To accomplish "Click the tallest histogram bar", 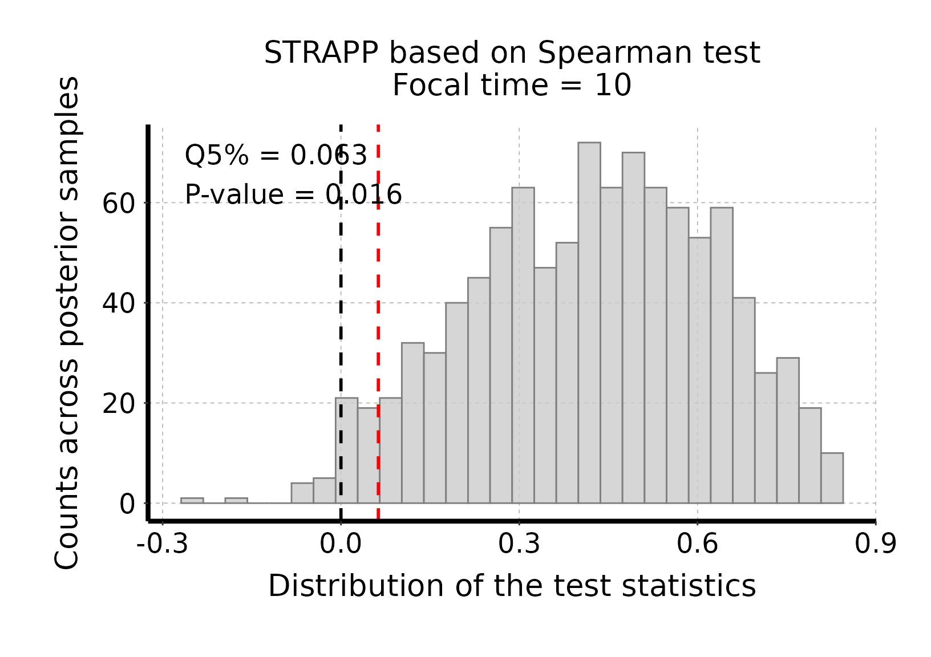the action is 589,323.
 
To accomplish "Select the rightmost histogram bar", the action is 832,478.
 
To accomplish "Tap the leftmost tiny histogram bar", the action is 192,501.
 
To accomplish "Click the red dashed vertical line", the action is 378,322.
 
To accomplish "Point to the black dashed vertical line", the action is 341,322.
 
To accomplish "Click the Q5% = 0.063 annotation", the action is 276,156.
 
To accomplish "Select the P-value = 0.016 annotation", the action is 293,194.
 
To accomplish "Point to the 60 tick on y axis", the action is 119,204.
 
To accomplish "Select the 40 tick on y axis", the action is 119,304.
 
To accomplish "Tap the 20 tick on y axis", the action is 119,404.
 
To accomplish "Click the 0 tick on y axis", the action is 128,505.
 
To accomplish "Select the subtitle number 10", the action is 613,86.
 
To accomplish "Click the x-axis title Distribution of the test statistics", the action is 512,586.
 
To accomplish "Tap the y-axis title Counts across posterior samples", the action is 67,323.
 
